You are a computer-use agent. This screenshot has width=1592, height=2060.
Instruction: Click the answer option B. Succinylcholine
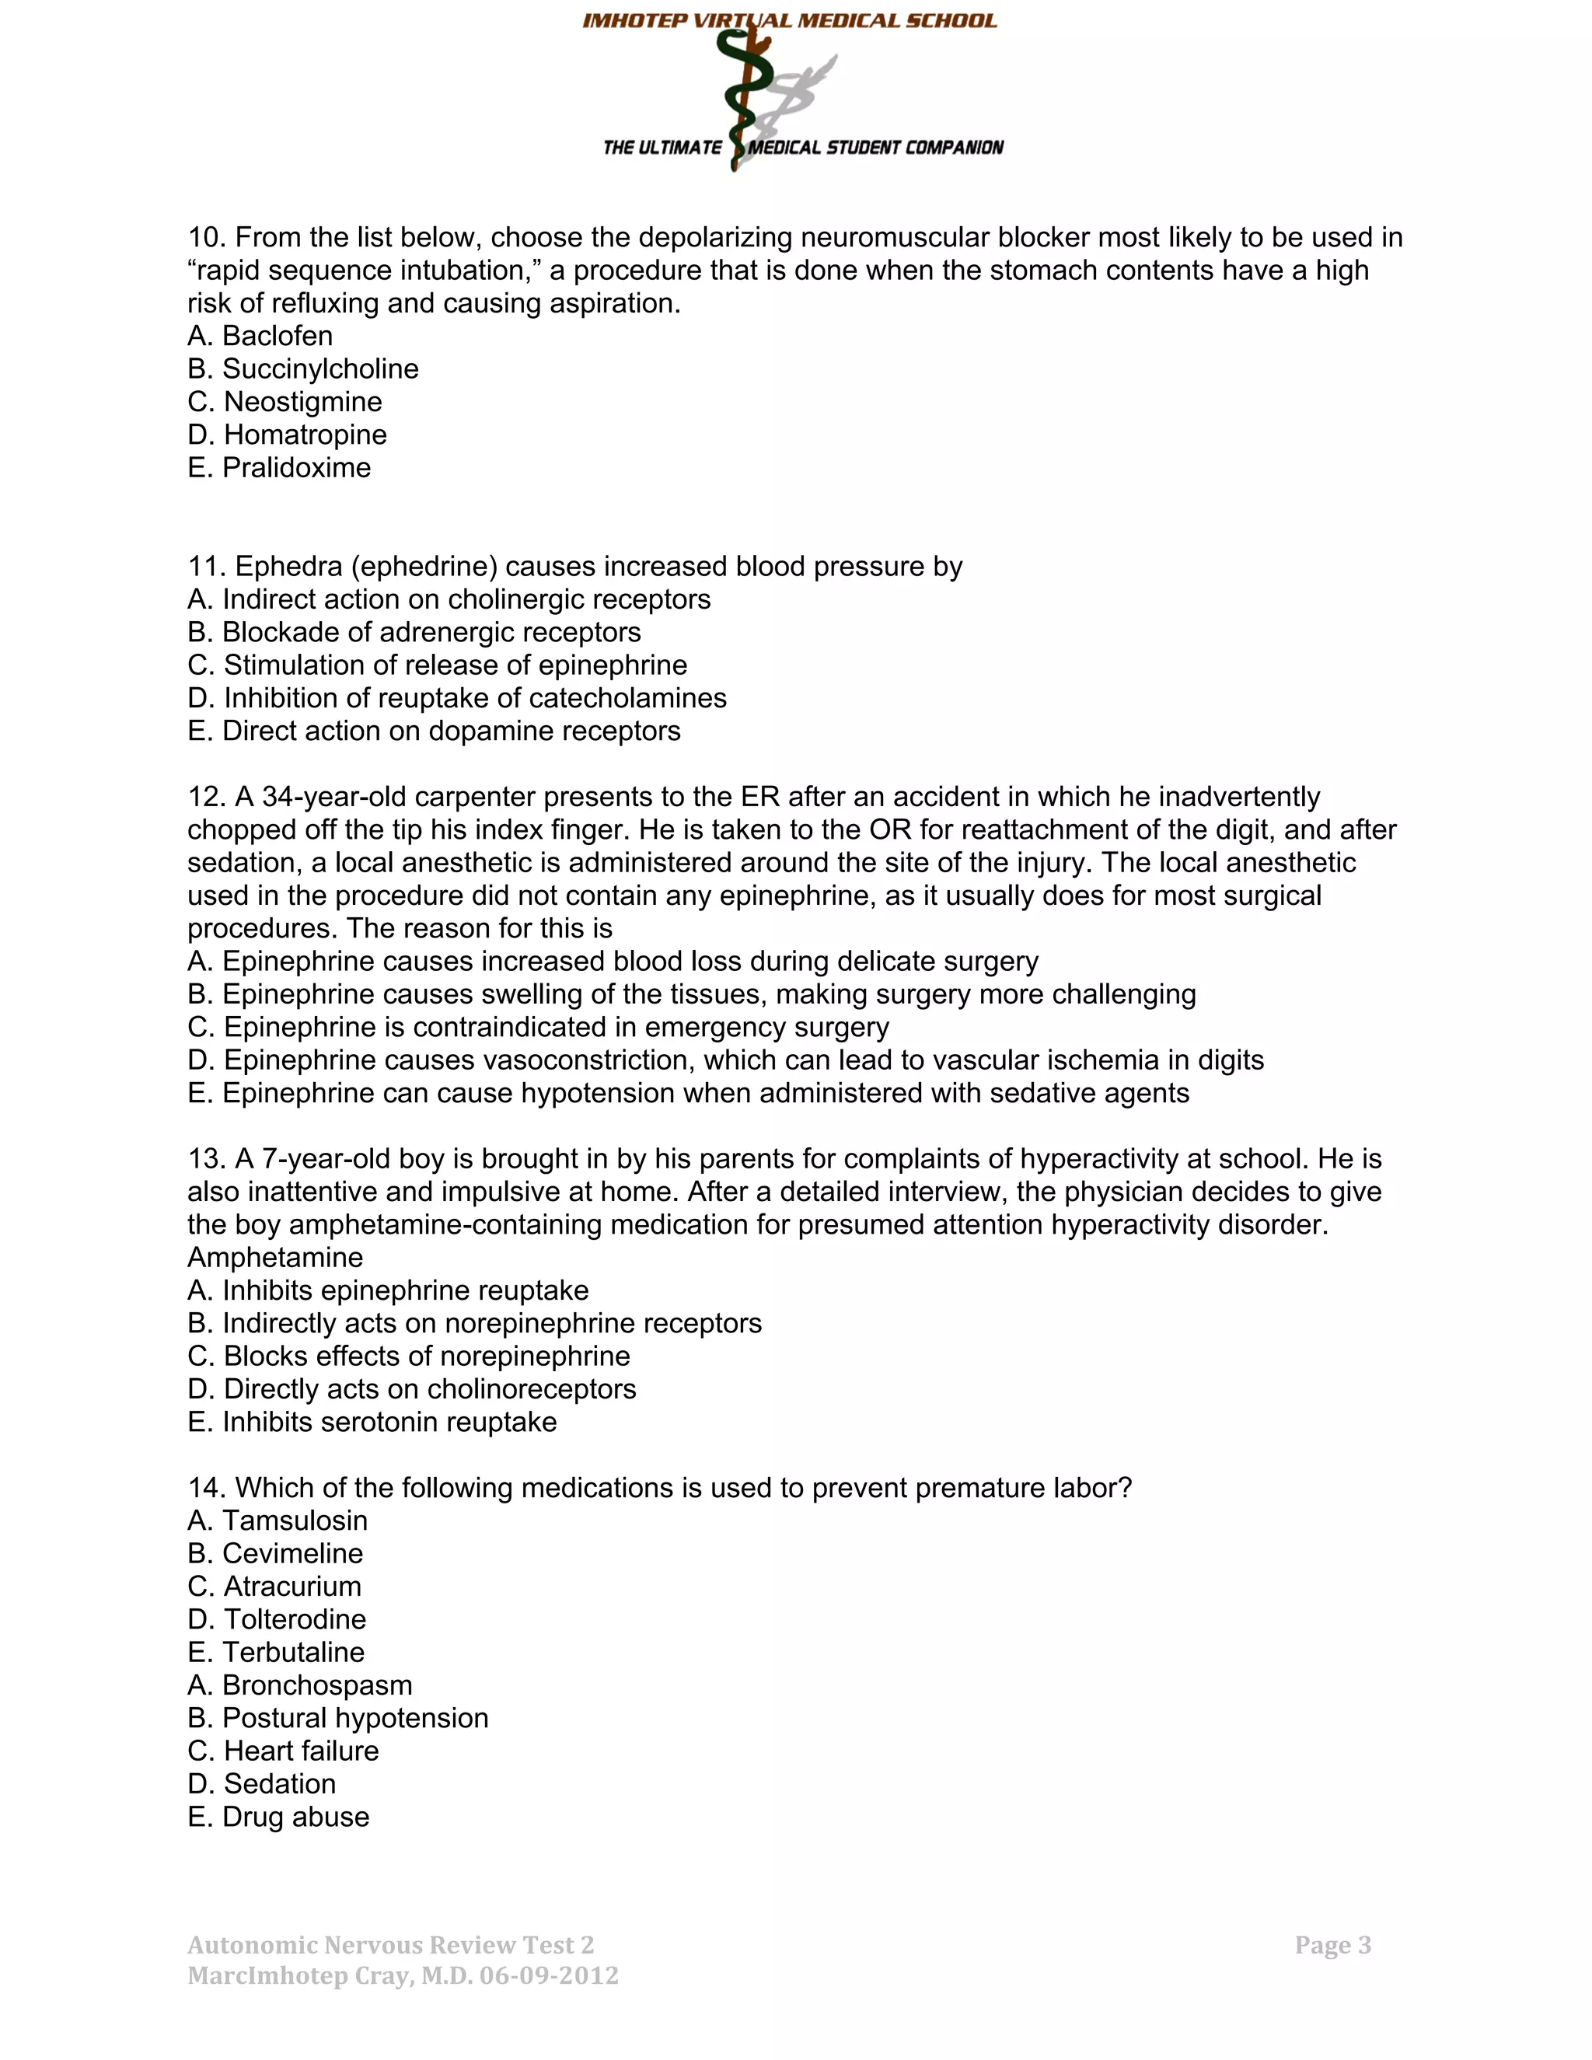point(302,368)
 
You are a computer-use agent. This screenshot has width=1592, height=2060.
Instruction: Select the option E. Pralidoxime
point(279,468)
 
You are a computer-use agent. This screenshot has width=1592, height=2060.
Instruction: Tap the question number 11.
point(207,567)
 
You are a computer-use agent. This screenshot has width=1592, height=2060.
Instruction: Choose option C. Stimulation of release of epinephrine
point(437,665)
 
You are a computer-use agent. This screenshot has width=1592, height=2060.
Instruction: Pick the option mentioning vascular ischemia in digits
point(725,1060)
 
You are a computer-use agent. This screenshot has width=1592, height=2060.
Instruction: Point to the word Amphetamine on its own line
point(274,1257)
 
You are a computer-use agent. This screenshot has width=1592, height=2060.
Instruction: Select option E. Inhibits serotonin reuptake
point(372,1423)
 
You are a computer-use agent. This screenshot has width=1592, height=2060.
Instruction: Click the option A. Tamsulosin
point(278,1521)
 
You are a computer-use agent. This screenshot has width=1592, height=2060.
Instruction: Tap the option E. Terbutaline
point(275,1653)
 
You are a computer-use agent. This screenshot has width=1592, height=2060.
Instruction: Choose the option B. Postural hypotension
point(337,1719)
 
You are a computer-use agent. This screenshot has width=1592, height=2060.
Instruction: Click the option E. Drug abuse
point(278,1817)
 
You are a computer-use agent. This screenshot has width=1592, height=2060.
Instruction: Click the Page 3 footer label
point(1332,1945)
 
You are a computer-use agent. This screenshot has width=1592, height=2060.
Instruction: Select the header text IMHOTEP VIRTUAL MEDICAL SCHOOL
point(790,21)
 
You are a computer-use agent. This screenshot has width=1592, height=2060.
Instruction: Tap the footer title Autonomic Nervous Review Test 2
point(390,1945)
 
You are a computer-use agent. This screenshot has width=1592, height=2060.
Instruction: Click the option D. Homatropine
point(287,435)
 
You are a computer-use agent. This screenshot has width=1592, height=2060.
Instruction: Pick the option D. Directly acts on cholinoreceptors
point(411,1389)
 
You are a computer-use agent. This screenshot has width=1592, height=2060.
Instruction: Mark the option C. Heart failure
point(283,1751)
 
